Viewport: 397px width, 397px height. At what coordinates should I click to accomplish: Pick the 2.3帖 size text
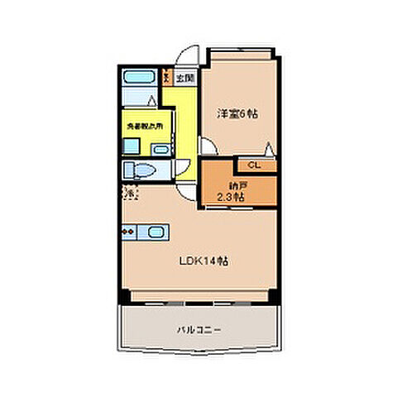pyautogui.click(x=229, y=198)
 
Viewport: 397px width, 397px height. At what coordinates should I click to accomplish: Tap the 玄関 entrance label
pyautogui.click(x=185, y=79)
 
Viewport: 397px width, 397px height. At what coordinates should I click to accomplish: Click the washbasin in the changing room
pyautogui.click(x=129, y=145)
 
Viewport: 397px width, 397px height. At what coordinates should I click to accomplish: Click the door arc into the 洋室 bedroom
pyautogui.click(x=209, y=147)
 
